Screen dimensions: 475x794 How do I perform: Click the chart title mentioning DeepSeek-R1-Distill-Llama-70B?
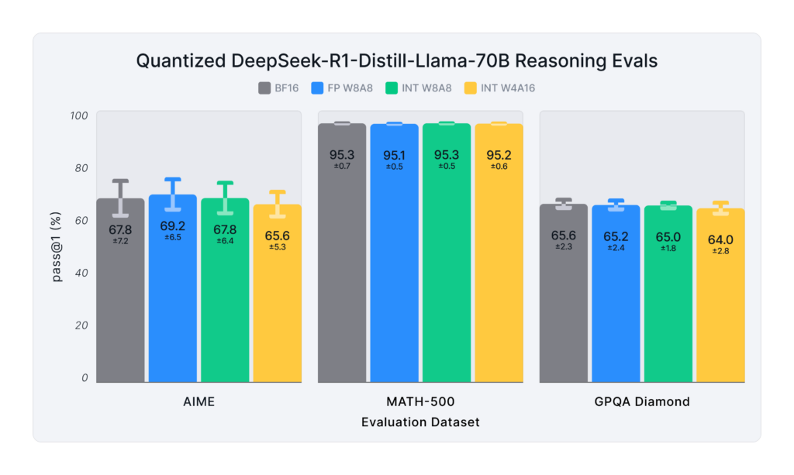[x=396, y=61]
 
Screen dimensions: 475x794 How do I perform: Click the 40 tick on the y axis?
[x=81, y=274]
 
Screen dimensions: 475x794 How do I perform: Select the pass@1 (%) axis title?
[x=57, y=249]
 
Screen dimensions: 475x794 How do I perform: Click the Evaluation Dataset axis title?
[x=419, y=422]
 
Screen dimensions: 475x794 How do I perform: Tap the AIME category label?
[x=198, y=402]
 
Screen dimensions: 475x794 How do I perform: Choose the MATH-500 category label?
[x=419, y=402]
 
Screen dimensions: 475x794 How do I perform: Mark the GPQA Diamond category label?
[x=642, y=402]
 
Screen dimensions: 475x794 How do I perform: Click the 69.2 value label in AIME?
[x=173, y=226]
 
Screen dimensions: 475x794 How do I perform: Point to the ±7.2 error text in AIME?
[x=120, y=241]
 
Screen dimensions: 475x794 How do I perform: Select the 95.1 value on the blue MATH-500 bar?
[x=394, y=156]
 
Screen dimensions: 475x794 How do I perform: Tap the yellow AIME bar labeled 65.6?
[x=278, y=310]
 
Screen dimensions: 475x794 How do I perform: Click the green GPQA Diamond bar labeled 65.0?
[x=668, y=310]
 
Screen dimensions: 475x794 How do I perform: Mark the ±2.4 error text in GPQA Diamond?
[x=616, y=248]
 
